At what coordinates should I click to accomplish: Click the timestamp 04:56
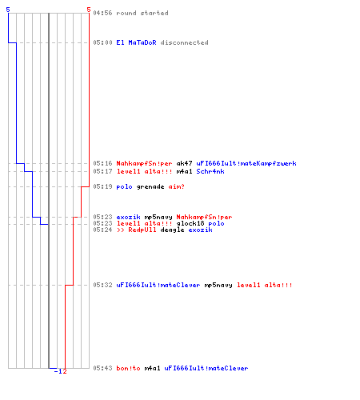point(102,13)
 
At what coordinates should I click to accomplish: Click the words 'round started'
point(142,13)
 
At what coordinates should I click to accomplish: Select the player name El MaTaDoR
point(136,42)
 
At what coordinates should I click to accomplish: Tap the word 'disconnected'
point(184,42)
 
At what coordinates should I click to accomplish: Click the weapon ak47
point(184,163)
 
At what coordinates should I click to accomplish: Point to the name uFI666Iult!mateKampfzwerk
point(246,163)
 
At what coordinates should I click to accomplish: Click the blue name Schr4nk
point(210,171)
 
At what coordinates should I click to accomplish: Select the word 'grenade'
point(150,186)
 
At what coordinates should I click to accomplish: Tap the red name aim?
point(176,186)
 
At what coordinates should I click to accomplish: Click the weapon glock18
point(190,223)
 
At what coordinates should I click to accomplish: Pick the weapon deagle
point(172,230)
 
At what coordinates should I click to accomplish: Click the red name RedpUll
point(142,230)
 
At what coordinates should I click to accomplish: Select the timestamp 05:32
point(102,285)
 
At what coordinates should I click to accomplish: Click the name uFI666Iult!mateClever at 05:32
point(158,285)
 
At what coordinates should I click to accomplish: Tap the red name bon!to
point(128,368)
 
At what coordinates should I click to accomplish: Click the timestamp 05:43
point(102,368)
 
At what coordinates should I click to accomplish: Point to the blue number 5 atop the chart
point(8,10)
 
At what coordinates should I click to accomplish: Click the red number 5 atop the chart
point(89,10)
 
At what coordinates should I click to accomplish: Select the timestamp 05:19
point(102,186)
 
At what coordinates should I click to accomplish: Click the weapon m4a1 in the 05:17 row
point(184,171)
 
